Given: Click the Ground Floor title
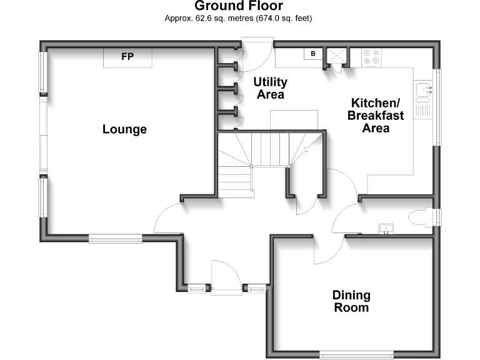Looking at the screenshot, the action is pos(239,6).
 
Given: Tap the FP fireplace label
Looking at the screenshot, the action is pos(127,57).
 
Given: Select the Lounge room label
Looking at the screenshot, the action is pos(124,129).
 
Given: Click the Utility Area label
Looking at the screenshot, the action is pos(270,88).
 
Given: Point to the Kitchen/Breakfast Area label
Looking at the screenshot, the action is pos(376,116).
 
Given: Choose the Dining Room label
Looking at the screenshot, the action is pos(351,301).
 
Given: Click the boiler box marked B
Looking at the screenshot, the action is pos(313,54).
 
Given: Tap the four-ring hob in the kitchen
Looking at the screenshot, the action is pos(371,58).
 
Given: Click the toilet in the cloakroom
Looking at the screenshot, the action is pos(421,217).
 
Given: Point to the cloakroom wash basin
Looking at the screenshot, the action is pos(386,229).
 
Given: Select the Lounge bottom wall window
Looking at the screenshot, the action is pos(116,239).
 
